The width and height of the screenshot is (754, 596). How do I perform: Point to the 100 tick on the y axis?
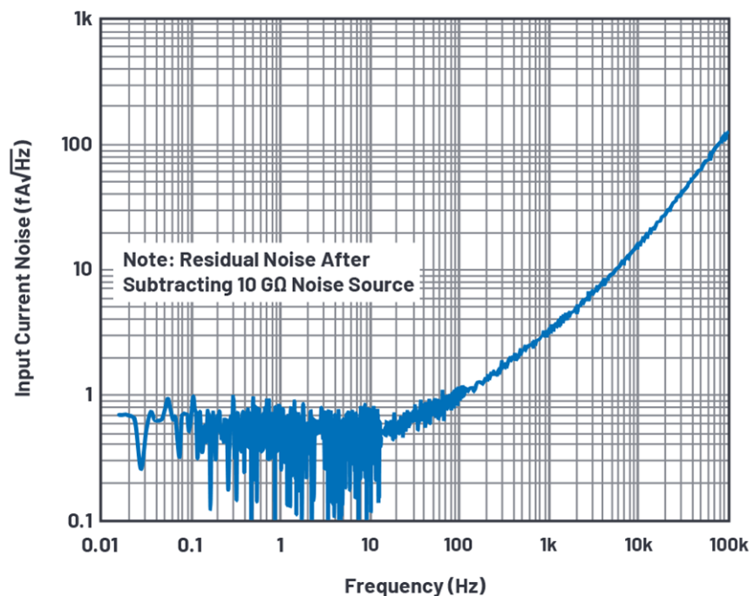coord(76,145)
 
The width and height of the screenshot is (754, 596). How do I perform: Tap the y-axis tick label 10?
coord(80,269)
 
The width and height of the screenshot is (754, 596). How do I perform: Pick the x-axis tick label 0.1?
coord(190,545)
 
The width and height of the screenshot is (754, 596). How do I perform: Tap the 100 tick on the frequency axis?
coord(459,545)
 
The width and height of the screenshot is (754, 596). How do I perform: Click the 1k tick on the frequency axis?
coord(548,545)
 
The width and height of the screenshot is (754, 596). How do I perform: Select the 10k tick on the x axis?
coord(638,545)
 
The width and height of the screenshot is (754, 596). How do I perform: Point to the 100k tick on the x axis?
coord(727,545)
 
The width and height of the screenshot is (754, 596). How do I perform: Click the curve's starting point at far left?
coord(119,415)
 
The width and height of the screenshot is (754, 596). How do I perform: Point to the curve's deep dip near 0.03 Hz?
coord(140,468)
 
